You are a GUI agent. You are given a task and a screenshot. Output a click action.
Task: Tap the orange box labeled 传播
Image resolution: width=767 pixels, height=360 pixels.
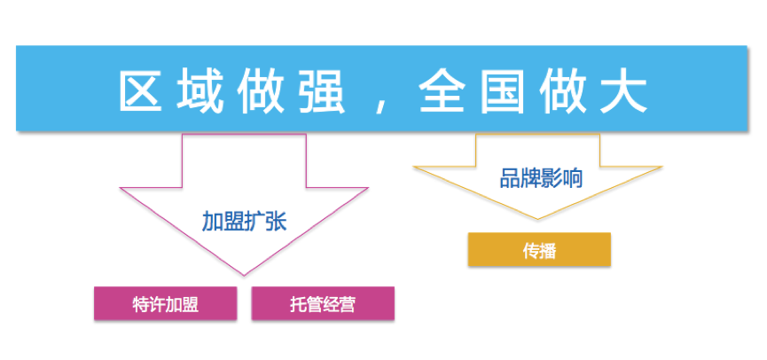point(539,250)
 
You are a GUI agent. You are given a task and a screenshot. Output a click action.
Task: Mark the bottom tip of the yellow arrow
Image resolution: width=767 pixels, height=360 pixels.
point(536,219)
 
